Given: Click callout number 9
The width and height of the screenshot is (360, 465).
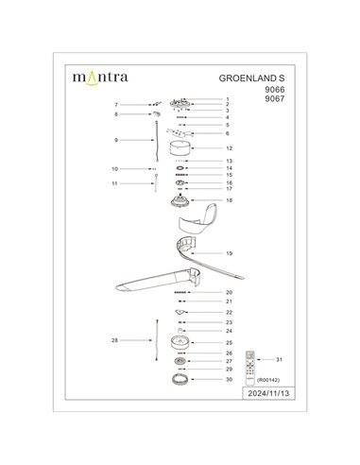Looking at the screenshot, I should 115,139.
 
